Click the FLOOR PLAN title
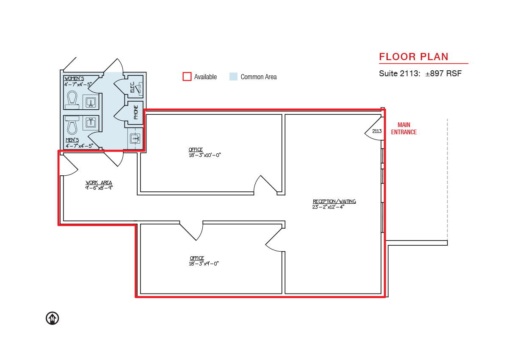pyautogui.click(x=414, y=57)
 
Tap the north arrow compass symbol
pyautogui.click(x=52, y=318)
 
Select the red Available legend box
pyautogui.click(x=187, y=76)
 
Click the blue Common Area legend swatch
pyautogui.click(x=233, y=76)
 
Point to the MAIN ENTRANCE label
pyautogui.click(x=404, y=128)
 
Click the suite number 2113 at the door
pyautogui.click(x=377, y=131)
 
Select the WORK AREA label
pyautogui.click(x=99, y=183)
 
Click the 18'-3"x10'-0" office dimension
pyautogui.click(x=205, y=155)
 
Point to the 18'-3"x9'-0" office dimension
pyautogui.click(x=204, y=263)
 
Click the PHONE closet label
pyautogui.click(x=136, y=112)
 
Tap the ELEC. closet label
pyautogui.click(x=132, y=87)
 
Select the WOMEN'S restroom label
pyautogui.click(x=74, y=78)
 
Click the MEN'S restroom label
pyautogui.click(x=72, y=140)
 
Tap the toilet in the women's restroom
pyautogui.click(x=72, y=100)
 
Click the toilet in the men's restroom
pyautogui.click(x=72, y=125)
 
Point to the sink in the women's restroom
pyautogui.click(x=91, y=102)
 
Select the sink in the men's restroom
pyautogui.click(x=91, y=123)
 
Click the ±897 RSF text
pyautogui.click(x=443, y=74)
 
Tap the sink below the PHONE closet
pyautogui.click(x=135, y=138)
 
